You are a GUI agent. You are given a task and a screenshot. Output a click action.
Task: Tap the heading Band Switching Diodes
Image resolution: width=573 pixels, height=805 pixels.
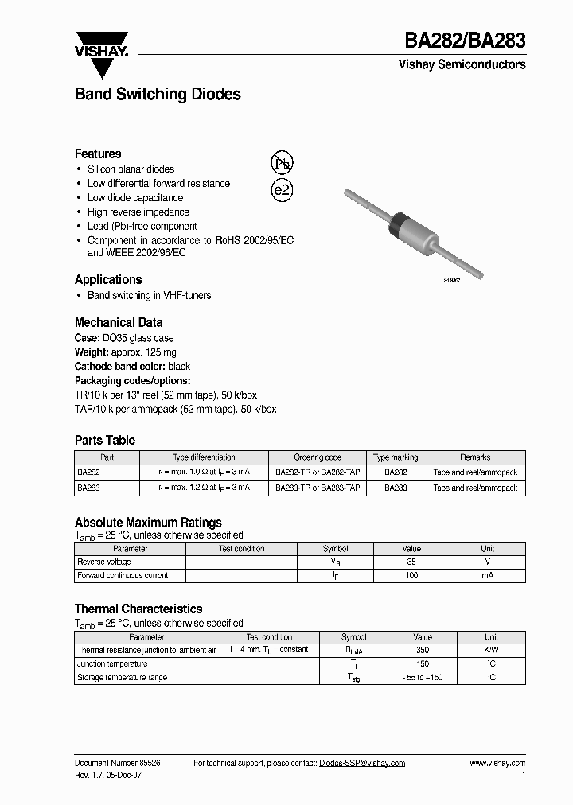click(x=158, y=95)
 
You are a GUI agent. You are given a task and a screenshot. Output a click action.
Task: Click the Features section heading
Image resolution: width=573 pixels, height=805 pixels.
click(x=98, y=154)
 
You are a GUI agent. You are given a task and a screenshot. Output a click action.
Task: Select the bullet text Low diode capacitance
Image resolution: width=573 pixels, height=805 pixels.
click(x=135, y=198)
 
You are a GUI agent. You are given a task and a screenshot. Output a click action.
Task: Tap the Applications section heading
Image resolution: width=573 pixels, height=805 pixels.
click(x=108, y=279)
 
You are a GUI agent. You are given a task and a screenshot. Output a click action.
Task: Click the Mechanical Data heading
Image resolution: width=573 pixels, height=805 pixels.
click(x=119, y=322)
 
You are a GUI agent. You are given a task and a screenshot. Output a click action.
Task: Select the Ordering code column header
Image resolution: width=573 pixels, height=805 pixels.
click(x=318, y=457)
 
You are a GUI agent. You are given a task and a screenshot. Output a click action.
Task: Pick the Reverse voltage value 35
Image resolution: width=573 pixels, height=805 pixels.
click(x=411, y=562)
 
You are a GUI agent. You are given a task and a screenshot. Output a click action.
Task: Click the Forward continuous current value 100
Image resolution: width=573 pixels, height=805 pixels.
click(x=411, y=575)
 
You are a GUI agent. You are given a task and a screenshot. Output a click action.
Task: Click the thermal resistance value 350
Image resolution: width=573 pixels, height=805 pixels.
click(x=422, y=650)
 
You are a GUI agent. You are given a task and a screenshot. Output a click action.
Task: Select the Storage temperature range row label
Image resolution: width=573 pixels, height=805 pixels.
click(x=122, y=678)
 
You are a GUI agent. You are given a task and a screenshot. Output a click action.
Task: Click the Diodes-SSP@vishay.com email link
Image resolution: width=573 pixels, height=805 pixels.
click(x=362, y=763)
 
